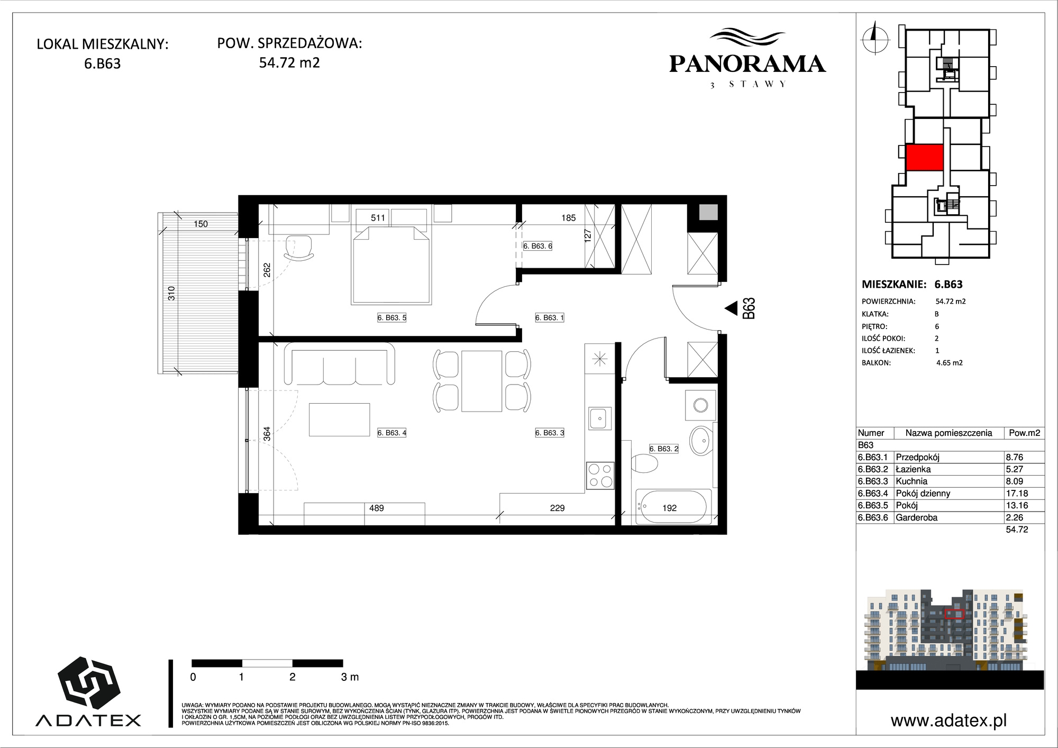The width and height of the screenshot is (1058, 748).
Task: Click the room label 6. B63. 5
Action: point(391,318)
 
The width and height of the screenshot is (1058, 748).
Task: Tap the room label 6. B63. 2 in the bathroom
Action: point(664,449)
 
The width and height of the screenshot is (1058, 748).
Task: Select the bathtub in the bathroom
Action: point(672,507)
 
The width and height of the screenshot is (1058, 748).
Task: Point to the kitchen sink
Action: point(599,418)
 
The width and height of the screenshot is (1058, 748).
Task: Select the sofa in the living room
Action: point(340,364)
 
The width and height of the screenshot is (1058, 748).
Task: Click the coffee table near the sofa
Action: point(340,419)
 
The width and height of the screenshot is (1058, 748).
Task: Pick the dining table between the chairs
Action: point(481,381)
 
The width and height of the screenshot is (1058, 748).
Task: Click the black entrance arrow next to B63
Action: point(731,308)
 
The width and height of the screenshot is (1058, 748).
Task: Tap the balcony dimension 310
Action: point(171,293)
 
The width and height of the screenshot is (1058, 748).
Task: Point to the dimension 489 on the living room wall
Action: point(377,508)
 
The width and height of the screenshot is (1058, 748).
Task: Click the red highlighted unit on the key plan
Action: point(925,157)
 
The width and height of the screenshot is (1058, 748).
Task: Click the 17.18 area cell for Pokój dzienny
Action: point(1017,493)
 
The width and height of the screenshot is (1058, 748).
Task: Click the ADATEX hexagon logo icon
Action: point(88,683)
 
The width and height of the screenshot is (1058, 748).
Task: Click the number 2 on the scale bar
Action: point(293,677)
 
